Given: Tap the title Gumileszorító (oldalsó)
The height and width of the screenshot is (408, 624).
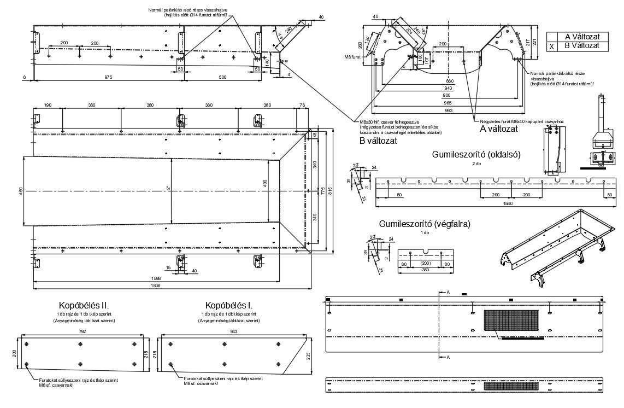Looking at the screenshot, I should click(476, 154).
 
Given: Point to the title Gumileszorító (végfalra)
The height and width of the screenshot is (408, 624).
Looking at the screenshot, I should click(425, 224).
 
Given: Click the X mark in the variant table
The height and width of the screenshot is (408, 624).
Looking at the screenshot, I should click(551, 46).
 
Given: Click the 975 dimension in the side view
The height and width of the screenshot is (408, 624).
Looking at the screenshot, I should click(108, 78).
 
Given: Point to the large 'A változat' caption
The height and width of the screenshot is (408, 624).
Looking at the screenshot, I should click(498, 129).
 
